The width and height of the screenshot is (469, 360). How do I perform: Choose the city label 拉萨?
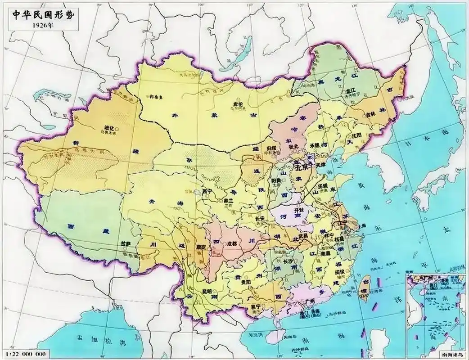126,243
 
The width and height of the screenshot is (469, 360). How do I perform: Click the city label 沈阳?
356,135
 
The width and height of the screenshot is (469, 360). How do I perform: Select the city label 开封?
299,210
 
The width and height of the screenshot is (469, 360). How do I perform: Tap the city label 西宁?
207,191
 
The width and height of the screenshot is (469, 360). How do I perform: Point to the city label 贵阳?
245,282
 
